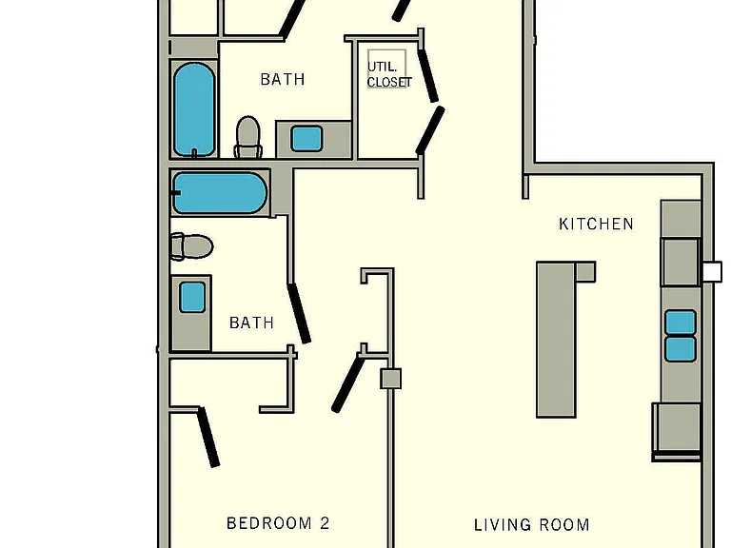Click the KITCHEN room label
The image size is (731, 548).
tap(596, 225)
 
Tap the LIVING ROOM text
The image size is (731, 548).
tap(532, 525)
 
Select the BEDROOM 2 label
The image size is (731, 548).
tap(278, 523)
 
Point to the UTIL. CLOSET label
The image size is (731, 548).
tap(389, 74)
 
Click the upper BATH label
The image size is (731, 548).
tap(283, 79)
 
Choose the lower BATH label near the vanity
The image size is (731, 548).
tap(251, 323)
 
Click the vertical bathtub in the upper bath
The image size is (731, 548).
tap(194, 109)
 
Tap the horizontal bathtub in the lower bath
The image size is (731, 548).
tap(220, 193)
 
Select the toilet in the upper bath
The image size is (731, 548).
tap(247, 137)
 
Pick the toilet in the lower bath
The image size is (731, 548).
tap(192, 246)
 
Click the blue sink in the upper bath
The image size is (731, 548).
tap(306, 138)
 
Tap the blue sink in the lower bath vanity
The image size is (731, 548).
tap(192, 297)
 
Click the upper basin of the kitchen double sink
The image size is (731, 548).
tap(681, 322)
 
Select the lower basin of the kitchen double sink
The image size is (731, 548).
tap(681, 349)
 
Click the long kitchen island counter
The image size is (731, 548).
tap(557, 340)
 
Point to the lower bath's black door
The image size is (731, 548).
tap(299, 313)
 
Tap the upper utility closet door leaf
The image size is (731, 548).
tap(428, 75)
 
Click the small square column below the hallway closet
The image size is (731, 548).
tap(390, 379)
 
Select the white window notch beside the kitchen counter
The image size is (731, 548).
tap(712, 272)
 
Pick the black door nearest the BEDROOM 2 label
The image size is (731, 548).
tap(207, 437)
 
